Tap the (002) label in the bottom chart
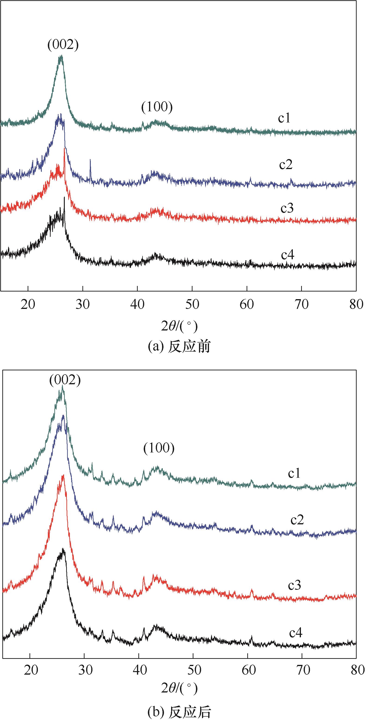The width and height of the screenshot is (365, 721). [x=65, y=380]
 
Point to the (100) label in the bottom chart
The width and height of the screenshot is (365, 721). [x=159, y=448]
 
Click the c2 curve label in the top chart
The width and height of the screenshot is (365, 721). [x=286, y=165]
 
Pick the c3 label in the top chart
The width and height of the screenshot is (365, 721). [x=287, y=208]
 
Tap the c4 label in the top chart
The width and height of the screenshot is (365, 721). [x=288, y=255]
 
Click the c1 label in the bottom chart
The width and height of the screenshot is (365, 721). [x=294, y=473]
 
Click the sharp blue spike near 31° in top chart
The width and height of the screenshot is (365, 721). [x=90, y=165]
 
